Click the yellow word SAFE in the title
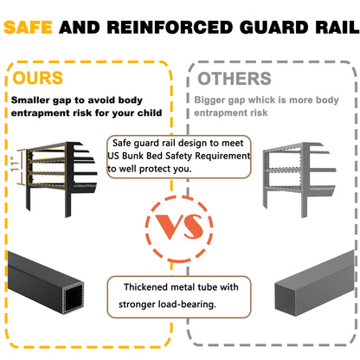pos(28,28)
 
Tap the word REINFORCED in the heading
pos(170,28)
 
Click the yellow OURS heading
pos(38,78)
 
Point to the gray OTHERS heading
pos(235,79)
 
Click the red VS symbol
pos(179,227)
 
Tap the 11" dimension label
pos(15,164)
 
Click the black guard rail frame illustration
pos(61,178)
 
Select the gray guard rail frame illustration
pos(299,179)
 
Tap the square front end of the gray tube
pos(286,299)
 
